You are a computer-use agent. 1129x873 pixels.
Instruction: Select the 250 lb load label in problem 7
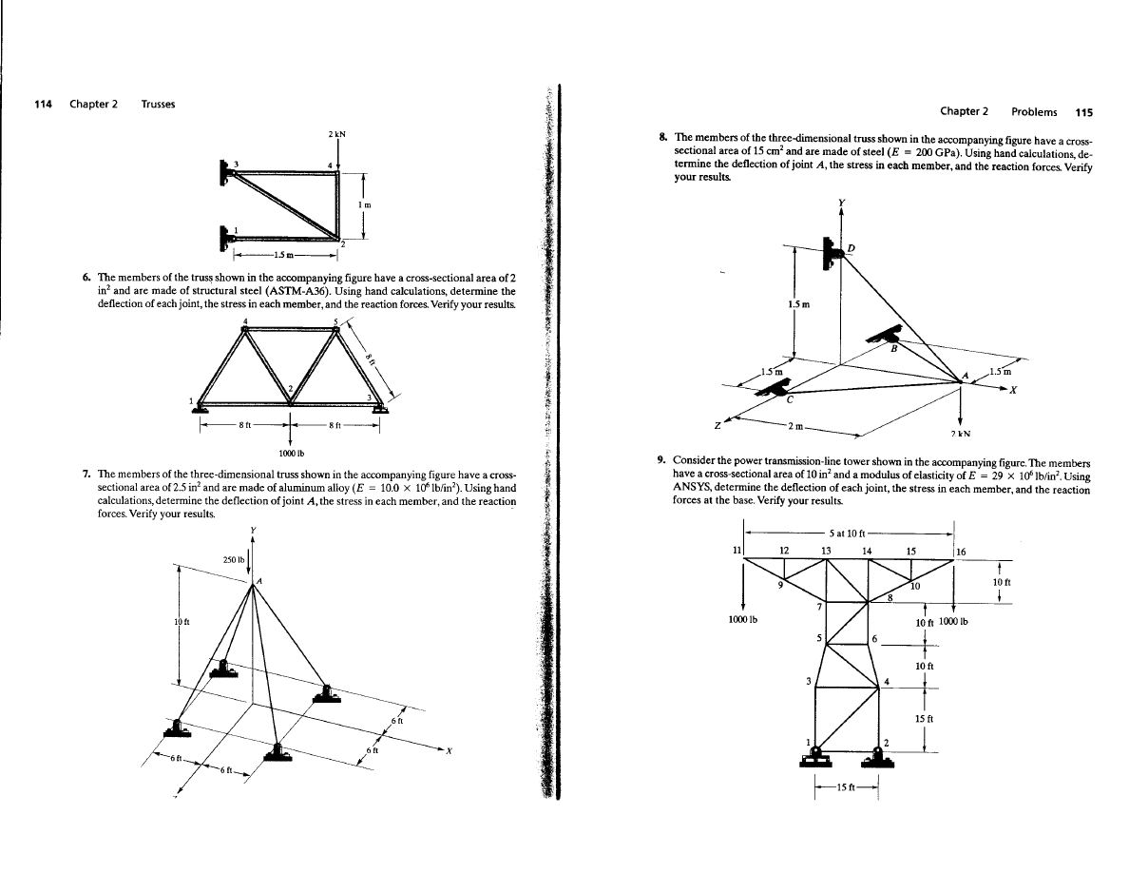pyautogui.click(x=233, y=557)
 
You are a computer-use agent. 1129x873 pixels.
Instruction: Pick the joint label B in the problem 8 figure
pyautogui.click(x=892, y=348)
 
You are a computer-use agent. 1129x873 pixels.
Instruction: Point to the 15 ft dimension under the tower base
pyautogui.click(x=844, y=786)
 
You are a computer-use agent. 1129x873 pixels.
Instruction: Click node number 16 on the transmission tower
pyautogui.click(x=960, y=552)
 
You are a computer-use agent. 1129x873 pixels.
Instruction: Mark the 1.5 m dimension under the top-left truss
pyautogui.click(x=281, y=253)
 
